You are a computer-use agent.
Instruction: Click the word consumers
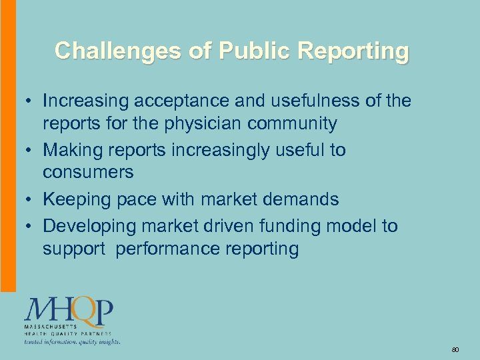(x=88, y=173)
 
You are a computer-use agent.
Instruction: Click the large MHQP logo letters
(x=69, y=311)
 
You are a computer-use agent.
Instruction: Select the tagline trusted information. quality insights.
(x=72, y=341)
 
